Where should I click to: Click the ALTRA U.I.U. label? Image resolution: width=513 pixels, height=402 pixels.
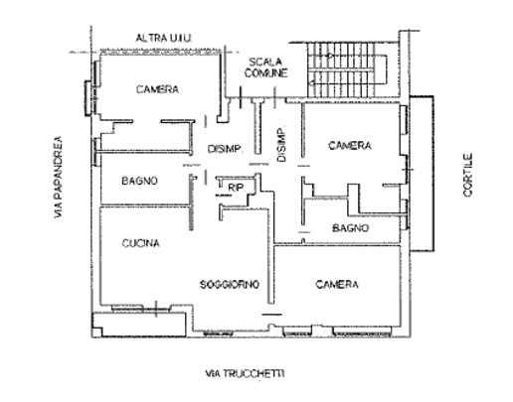(164, 38)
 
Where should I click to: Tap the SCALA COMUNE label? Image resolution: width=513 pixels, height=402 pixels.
(265, 67)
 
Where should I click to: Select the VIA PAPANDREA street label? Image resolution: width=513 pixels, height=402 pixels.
(59, 177)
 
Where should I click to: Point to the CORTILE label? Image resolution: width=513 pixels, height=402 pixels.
(468, 175)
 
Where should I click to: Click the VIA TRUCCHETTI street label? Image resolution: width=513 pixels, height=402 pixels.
(246, 373)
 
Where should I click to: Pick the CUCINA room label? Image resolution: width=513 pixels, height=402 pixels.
(141, 243)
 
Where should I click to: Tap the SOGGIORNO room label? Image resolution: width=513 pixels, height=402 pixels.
(230, 284)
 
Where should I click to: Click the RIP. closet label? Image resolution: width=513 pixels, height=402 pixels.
(237, 188)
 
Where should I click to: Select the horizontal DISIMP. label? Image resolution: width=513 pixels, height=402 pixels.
(225, 149)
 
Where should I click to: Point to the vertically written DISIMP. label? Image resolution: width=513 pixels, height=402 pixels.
(281, 145)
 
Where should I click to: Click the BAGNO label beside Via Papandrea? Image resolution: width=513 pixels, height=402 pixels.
(139, 181)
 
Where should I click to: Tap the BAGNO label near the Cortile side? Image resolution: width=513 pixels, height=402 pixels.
(351, 228)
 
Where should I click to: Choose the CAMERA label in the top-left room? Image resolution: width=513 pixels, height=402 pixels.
(157, 89)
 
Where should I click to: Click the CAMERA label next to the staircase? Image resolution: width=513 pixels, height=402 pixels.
(350, 145)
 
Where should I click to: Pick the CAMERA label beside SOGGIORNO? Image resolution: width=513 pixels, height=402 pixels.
(337, 284)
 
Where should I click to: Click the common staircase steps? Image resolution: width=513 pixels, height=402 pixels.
(341, 69)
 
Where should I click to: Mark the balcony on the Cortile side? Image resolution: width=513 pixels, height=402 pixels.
(422, 174)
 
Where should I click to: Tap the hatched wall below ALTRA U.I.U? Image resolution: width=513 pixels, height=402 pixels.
(160, 52)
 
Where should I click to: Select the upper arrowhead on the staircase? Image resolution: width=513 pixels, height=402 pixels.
(330, 56)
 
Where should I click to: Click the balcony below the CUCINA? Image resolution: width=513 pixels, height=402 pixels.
(138, 325)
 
